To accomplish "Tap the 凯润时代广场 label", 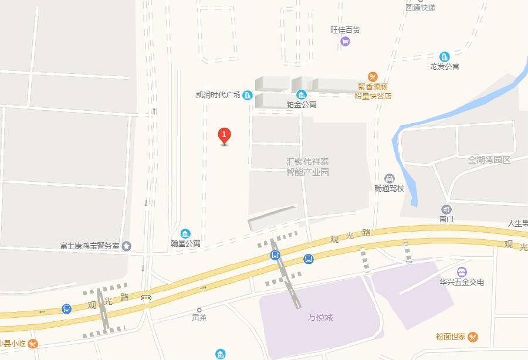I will (218, 95).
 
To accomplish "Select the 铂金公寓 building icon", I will (302, 94).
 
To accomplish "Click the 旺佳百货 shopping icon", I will (345, 41).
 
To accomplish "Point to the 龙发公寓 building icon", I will (444, 56).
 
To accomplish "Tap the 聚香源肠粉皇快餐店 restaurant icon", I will (373, 76).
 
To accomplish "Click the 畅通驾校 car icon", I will (389, 178).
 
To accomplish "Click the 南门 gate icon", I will (446, 209).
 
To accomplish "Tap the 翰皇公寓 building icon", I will (185, 233).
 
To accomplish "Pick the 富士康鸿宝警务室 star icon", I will (127, 246).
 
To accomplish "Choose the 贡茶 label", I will (199, 318).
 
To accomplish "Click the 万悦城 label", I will (320, 317).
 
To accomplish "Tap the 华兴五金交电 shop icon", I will (462, 271).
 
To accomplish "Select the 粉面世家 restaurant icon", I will (473, 337).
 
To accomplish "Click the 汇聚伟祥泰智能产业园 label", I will (307, 167).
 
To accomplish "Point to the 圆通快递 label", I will (420, 8).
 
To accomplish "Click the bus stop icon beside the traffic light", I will (67, 308).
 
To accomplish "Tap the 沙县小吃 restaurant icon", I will (33, 344).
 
